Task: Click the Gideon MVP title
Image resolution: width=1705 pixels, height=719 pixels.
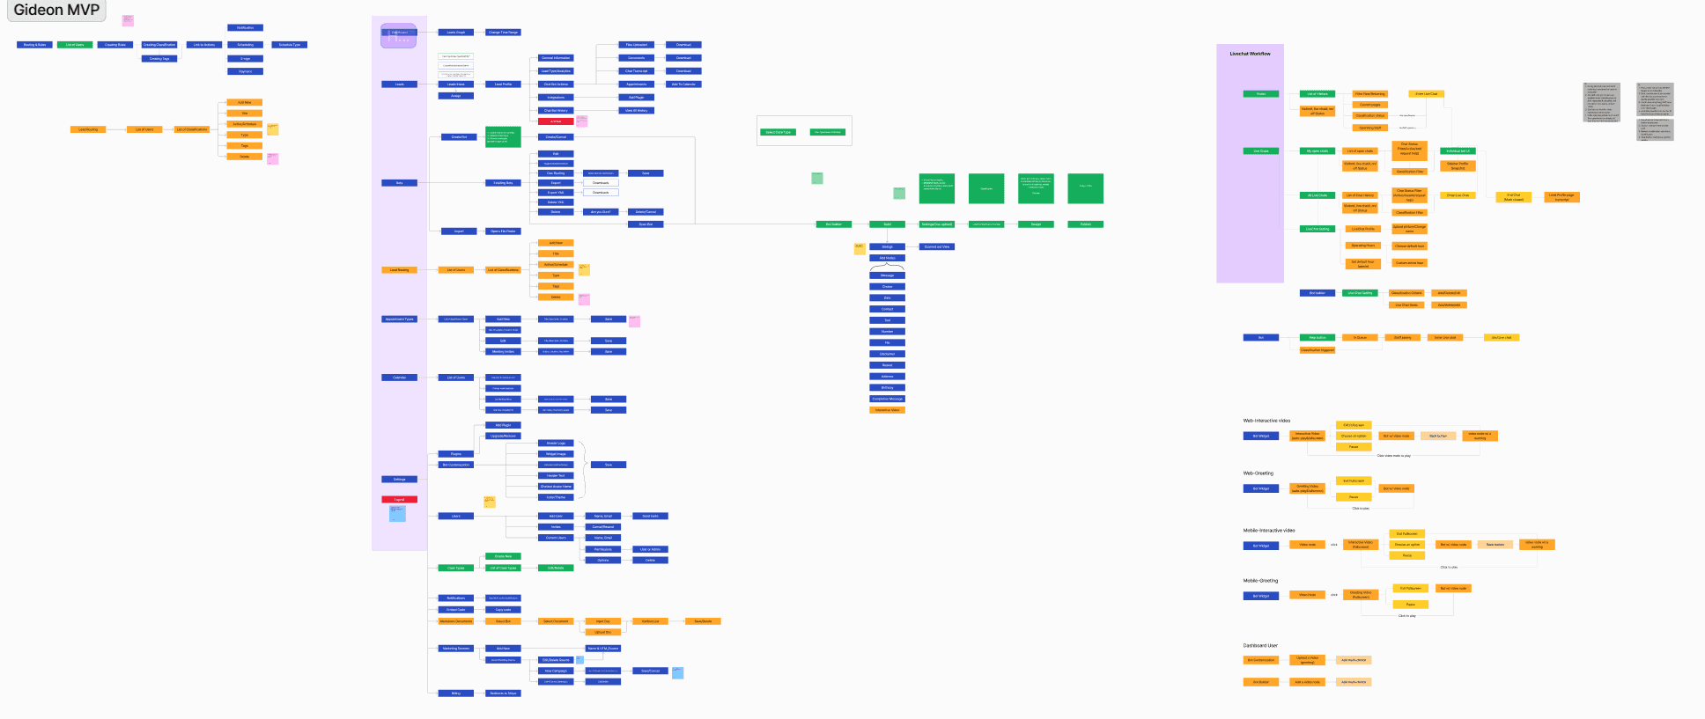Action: pos(56,11)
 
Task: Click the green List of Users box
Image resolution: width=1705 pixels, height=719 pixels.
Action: pos(75,45)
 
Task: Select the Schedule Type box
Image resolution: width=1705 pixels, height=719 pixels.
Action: pos(290,45)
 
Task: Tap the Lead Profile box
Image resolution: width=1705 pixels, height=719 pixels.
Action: pos(503,84)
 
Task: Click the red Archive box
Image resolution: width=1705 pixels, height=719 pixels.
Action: pos(556,121)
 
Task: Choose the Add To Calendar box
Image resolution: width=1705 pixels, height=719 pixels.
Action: pos(683,84)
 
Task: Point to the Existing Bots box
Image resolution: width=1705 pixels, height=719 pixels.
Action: pos(503,183)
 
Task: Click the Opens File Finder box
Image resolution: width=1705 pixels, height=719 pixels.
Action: pos(503,231)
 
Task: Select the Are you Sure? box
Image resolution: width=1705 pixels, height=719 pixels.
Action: pos(601,212)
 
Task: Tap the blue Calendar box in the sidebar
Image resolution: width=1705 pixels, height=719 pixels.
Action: pos(399,378)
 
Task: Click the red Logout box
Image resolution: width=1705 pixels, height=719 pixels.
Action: pos(399,500)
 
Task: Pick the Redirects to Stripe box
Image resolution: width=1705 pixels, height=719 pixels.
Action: pos(503,693)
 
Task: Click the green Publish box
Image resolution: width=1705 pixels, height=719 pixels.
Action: pos(1085,224)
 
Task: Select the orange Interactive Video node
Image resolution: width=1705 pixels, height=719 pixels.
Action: pos(887,410)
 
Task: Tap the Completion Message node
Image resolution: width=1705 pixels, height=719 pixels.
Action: pos(887,399)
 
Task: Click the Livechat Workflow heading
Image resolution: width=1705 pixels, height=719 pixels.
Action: pos(1250,54)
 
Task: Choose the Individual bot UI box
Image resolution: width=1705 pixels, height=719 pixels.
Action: pos(1458,151)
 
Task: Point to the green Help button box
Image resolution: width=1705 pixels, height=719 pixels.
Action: pos(1317,338)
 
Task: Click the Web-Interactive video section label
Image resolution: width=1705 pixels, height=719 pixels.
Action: pos(1266,421)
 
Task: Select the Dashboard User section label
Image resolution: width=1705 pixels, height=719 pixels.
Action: pos(1260,646)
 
